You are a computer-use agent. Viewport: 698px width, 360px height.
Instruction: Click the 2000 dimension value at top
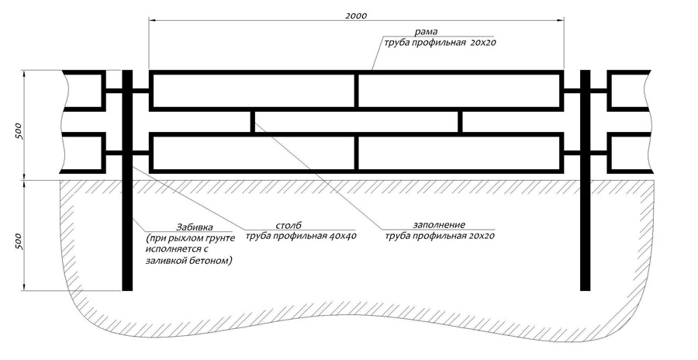point(356,16)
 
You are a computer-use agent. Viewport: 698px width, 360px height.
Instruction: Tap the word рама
point(426,32)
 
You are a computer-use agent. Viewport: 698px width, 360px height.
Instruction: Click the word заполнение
point(439,225)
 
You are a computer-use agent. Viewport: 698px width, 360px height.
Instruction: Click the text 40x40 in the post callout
point(343,236)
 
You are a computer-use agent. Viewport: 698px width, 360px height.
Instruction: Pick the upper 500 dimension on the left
point(19,131)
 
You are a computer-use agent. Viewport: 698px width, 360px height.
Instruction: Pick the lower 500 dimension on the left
point(19,241)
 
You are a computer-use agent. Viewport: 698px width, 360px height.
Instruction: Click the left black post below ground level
point(127,236)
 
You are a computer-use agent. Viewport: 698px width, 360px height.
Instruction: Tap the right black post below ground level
point(585,236)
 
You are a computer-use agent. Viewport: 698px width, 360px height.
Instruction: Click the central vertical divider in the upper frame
point(356,91)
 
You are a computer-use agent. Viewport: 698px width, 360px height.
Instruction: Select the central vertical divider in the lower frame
point(356,153)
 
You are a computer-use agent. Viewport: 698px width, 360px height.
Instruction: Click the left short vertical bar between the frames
point(252,122)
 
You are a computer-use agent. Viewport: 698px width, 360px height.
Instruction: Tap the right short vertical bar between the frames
point(460,122)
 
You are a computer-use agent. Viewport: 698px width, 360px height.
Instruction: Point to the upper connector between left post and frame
point(141,91)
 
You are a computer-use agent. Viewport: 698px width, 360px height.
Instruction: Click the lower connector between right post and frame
point(572,153)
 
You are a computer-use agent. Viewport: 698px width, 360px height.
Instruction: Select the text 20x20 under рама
point(482,43)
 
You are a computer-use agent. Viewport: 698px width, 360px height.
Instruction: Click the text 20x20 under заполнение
point(481,236)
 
